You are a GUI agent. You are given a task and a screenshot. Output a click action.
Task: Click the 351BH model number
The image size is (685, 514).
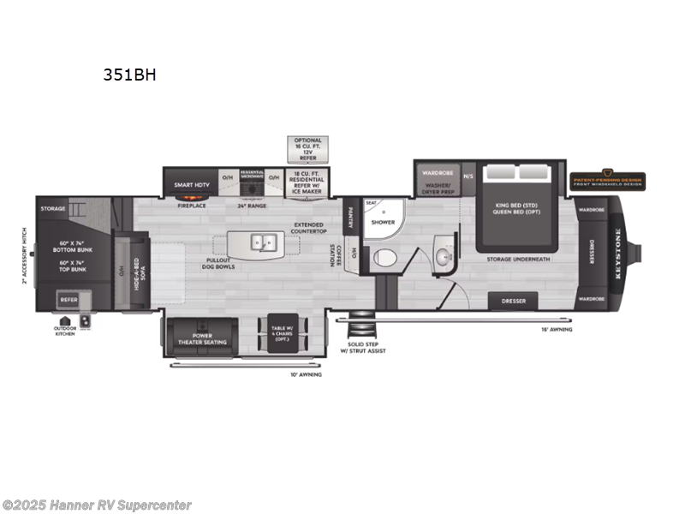(128, 74)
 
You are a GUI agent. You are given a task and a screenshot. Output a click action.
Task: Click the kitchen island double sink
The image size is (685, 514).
(263, 243)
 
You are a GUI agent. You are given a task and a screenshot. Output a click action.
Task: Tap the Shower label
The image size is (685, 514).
(382, 223)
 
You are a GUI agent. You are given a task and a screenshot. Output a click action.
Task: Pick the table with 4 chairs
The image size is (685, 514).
(282, 334)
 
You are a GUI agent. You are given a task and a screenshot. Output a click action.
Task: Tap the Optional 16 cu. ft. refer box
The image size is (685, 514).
(307, 148)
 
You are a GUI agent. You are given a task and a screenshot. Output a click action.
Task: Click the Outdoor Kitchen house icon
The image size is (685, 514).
(65, 320)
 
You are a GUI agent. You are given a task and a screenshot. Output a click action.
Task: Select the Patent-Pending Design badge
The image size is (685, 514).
(608, 181)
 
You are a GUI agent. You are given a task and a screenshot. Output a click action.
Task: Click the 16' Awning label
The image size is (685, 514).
(557, 329)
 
